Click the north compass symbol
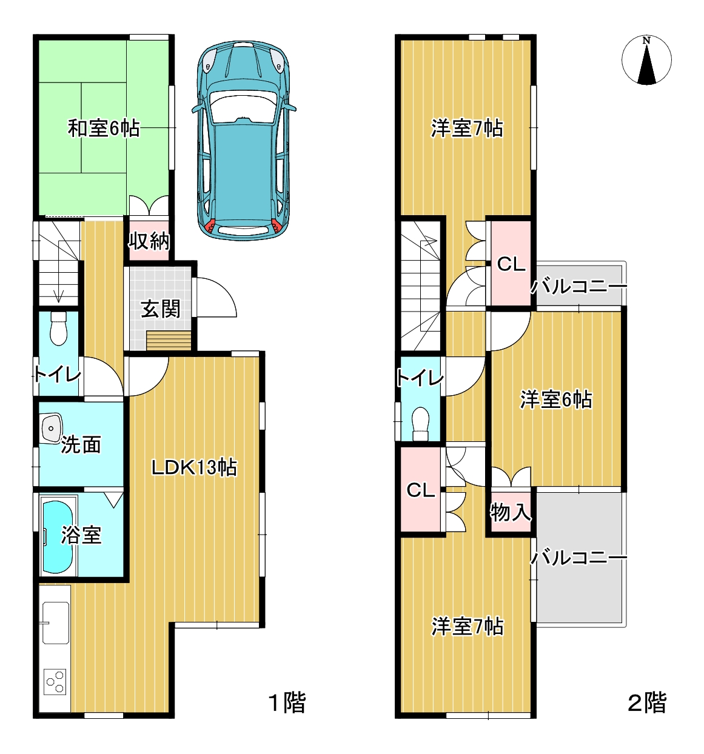click(646, 60)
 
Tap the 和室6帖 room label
click(104, 128)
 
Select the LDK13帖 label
click(194, 468)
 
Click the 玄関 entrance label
click(161, 309)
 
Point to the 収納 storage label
click(149, 241)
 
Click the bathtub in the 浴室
click(57, 537)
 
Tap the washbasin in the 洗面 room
click(51, 429)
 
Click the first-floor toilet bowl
click(58, 329)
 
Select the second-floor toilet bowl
click(420, 424)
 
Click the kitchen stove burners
click(55, 682)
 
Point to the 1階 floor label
click(287, 702)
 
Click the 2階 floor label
click(646, 702)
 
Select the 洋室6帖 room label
click(556, 400)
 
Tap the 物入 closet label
click(510, 512)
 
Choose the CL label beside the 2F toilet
click(420, 490)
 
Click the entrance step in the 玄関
click(169, 340)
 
